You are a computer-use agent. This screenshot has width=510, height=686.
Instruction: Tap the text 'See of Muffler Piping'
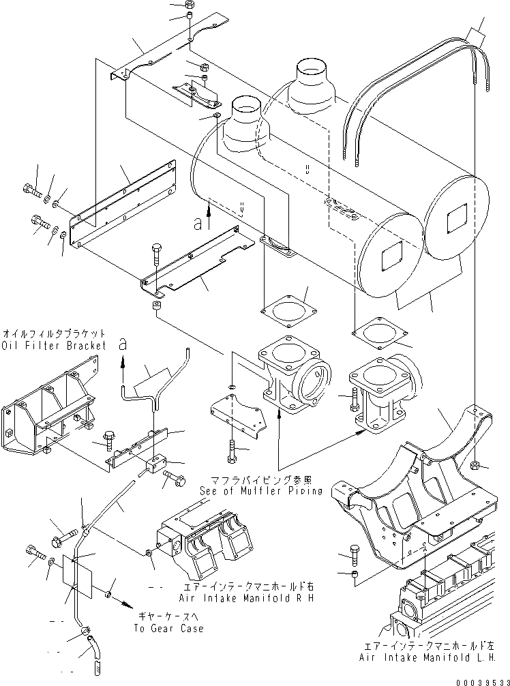click(x=260, y=491)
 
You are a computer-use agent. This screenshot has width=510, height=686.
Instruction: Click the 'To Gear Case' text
click(x=169, y=628)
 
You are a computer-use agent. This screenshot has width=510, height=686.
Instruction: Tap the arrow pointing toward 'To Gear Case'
click(x=125, y=602)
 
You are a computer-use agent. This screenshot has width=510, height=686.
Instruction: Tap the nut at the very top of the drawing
click(x=190, y=6)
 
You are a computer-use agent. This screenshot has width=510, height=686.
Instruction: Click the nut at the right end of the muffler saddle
click(x=476, y=466)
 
